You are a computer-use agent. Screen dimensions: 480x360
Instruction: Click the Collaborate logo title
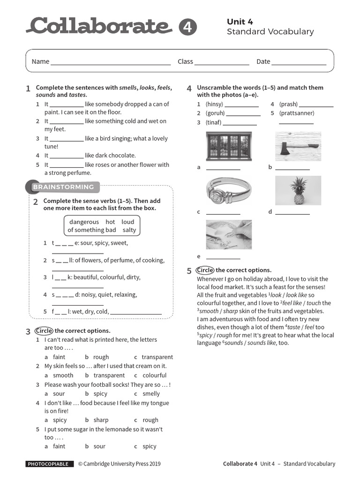click(98, 27)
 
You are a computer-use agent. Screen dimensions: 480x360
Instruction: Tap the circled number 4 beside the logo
click(187, 28)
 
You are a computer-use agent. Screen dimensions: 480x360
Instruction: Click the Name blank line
click(111, 62)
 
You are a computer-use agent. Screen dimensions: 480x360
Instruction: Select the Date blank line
click(299, 62)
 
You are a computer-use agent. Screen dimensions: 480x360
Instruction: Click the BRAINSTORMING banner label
click(63, 187)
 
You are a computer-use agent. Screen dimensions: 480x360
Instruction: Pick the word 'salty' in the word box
click(129, 230)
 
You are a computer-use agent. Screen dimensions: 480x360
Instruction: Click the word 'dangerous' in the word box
click(84, 222)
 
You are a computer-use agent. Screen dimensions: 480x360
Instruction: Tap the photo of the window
click(229, 146)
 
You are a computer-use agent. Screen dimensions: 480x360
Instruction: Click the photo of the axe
click(298, 146)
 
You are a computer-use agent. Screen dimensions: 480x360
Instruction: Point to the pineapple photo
click(298, 191)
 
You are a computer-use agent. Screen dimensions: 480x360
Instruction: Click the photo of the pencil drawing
click(229, 234)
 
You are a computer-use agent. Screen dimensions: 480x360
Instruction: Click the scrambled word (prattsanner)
click(297, 113)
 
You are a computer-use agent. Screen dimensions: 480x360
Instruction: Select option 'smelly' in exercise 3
click(151, 394)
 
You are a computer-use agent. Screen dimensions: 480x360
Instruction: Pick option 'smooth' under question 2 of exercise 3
click(63, 375)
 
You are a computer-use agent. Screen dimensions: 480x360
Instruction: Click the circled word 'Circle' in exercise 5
click(205, 270)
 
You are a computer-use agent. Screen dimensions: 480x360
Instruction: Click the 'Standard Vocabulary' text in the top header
click(270, 32)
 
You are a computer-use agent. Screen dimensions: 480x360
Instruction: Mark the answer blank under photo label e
click(223, 257)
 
